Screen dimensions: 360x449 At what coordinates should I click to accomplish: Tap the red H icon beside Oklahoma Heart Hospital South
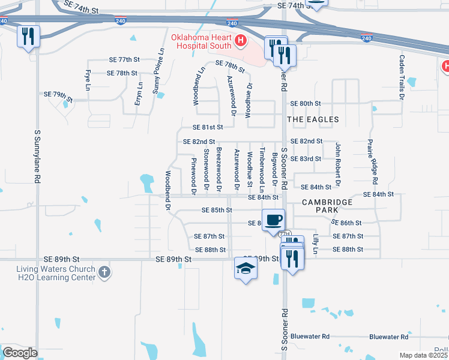tap(241, 41)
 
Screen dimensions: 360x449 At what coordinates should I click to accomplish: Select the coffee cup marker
tap(274, 220)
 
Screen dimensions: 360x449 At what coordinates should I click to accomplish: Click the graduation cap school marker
tap(246, 268)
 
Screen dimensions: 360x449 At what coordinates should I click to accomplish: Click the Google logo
tap(20, 353)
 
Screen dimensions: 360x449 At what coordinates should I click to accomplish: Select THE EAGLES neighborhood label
tap(313, 119)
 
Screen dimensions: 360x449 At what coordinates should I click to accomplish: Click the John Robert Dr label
tap(338, 163)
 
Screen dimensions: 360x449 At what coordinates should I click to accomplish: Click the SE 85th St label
tap(217, 210)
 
